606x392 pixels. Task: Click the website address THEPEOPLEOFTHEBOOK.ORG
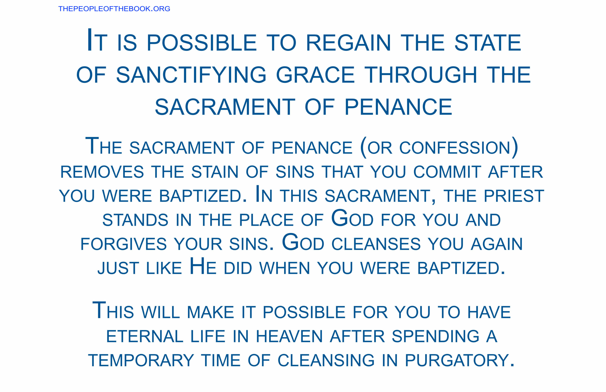pos(114,9)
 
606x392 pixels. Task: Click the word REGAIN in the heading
pos(348,43)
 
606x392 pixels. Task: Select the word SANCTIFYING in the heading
pos(191,75)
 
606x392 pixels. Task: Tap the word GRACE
pos(315,75)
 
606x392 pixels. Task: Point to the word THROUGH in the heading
pos(421,75)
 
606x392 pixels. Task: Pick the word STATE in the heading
pos(488,43)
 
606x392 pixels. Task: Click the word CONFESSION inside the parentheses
pos(454,148)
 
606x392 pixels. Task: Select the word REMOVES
pos(102,172)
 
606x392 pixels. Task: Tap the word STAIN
pos(215,172)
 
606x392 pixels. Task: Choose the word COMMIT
pos(447,172)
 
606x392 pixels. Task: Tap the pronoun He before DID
pos(203,266)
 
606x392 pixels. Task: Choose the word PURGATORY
pos(457,361)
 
